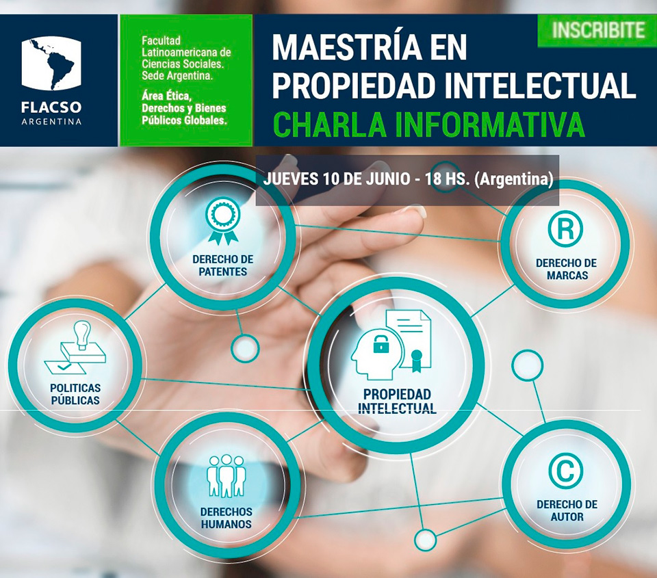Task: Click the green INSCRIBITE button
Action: [597, 31]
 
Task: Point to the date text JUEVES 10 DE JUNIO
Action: [337, 179]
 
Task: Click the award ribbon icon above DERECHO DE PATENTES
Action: [223, 221]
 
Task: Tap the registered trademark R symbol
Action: [565, 229]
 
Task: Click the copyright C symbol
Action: [566, 471]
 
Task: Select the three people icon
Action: [227, 476]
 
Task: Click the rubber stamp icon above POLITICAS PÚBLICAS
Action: [75, 347]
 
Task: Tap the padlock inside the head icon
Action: [381, 344]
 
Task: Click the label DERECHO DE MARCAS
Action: [566, 270]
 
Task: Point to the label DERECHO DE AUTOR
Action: [567, 510]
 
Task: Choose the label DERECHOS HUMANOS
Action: [227, 518]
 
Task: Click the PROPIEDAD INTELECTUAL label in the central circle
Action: [397, 401]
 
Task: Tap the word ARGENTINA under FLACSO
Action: [51, 122]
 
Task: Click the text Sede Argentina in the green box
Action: [177, 76]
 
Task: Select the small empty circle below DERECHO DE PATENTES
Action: [245, 348]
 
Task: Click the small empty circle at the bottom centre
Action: [425, 540]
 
